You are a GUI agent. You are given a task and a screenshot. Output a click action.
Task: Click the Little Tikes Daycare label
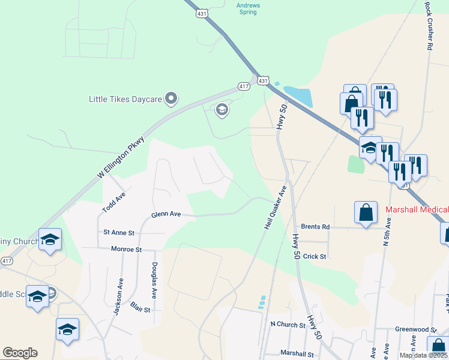pos(125,99)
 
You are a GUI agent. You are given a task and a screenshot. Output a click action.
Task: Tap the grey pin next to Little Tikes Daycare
pos(171,98)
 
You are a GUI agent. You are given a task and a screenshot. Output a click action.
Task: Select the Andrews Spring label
pos(248,8)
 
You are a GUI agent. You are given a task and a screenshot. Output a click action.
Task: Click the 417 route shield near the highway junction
pos(244,86)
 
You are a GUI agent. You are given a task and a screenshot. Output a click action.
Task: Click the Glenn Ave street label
pos(166,214)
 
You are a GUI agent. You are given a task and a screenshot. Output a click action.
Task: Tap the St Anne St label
pos(118,232)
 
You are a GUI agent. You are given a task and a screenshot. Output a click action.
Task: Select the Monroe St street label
pos(126,248)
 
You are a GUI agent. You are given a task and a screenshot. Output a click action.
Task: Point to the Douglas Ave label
pos(154,281)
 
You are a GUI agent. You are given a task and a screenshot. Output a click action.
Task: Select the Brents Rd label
pos(316,227)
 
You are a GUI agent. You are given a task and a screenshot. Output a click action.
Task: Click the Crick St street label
pos(314,256)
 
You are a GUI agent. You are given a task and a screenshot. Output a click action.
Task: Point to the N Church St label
pos(288,325)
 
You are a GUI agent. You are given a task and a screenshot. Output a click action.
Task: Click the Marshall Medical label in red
pos(417,209)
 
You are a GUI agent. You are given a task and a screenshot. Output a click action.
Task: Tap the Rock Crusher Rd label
pos(429,26)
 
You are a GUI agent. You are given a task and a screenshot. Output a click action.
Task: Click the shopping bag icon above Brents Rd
pos(366,212)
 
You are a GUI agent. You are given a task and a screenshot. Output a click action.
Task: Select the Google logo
pos(20,353)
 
